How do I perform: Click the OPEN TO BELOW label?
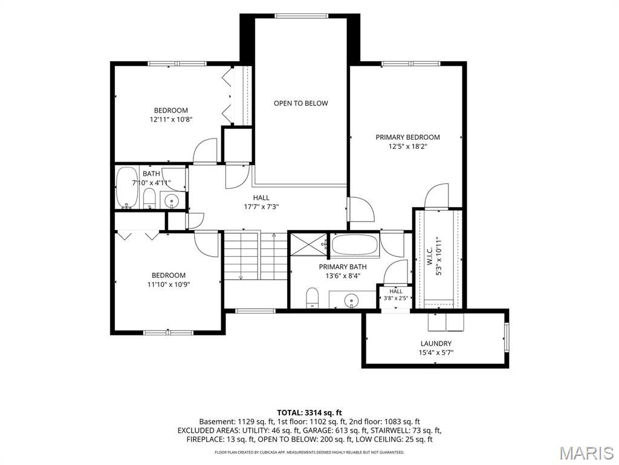(x=301, y=103)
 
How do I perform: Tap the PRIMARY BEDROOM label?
(x=407, y=137)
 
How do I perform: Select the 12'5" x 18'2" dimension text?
(x=408, y=147)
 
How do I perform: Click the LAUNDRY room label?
(x=436, y=344)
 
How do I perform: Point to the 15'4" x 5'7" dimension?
(x=436, y=353)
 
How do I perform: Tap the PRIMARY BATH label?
(x=343, y=267)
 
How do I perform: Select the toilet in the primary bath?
(x=313, y=297)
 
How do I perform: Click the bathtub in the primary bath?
(x=354, y=245)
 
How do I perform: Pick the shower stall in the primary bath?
(x=308, y=245)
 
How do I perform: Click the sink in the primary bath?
(x=351, y=300)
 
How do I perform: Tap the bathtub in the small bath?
(x=127, y=188)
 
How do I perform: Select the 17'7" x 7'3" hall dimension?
(x=261, y=206)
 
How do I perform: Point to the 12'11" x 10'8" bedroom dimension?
(x=171, y=119)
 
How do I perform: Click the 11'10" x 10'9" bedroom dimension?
(x=169, y=285)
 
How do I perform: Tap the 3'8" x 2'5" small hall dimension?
(x=396, y=298)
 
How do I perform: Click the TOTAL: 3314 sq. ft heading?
(x=309, y=413)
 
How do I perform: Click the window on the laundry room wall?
(x=507, y=337)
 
